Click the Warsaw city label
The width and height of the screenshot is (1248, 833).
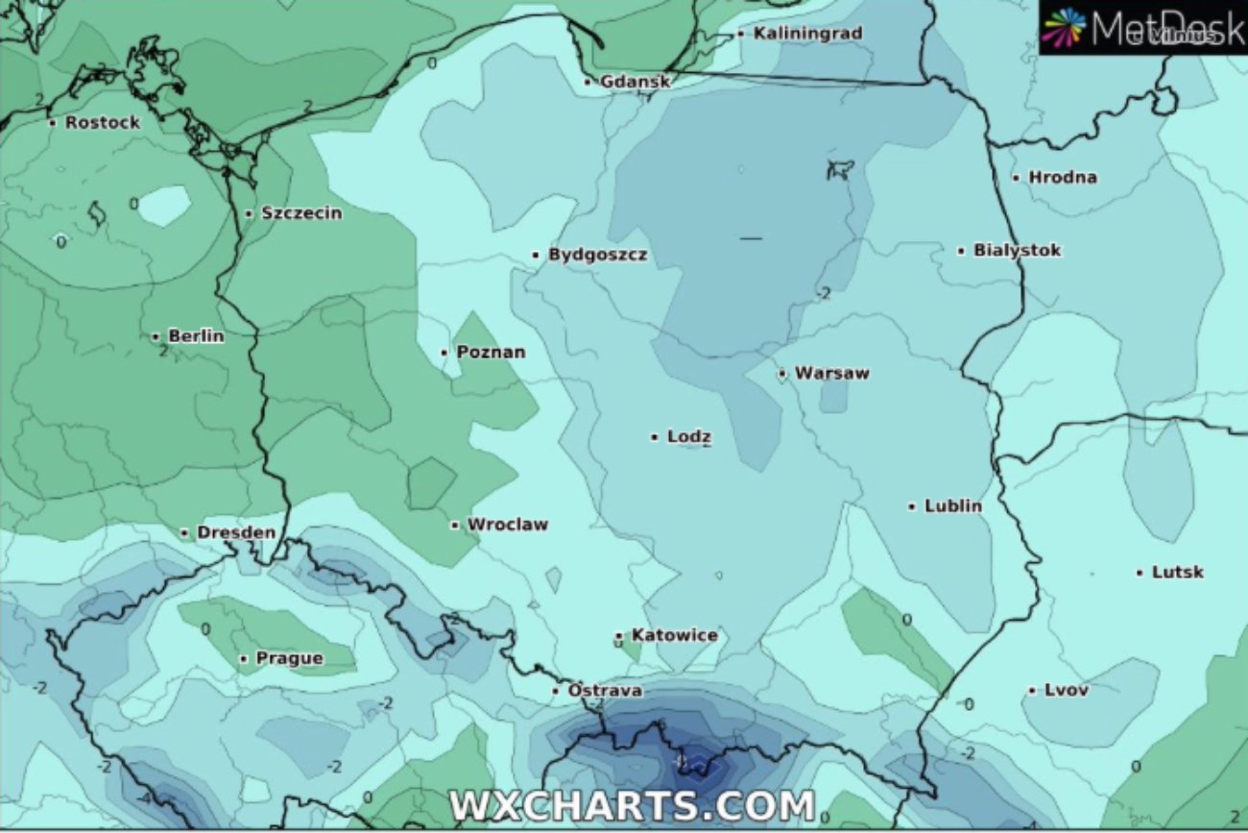coord(831,374)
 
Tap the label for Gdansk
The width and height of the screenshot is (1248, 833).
coord(635,82)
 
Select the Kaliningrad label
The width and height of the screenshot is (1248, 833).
coord(807,34)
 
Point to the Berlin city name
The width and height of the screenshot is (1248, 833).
coord(196,336)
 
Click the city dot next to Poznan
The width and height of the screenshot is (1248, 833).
coord(444,353)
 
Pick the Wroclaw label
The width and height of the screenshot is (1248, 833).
coord(507,525)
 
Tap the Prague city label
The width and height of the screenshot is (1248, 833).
coord(289,659)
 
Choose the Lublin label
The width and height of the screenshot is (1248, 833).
coord(952,506)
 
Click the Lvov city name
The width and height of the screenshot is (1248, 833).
coord(1066,690)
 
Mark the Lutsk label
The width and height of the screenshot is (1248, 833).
coord(1177,573)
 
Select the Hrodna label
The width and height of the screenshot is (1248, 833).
coord(1062,178)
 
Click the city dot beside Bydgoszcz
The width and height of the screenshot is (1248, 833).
coord(536,256)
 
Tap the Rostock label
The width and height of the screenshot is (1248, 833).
coord(102,123)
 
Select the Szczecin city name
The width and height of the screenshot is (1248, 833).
coord(300,213)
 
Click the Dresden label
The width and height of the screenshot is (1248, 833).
coord(235,532)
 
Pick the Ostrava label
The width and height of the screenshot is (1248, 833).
coord(605,691)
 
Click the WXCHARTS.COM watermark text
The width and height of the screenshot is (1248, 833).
coord(632,805)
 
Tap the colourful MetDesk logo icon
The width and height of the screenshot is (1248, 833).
coord(1064,27)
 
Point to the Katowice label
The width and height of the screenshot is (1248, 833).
coord(674,636)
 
